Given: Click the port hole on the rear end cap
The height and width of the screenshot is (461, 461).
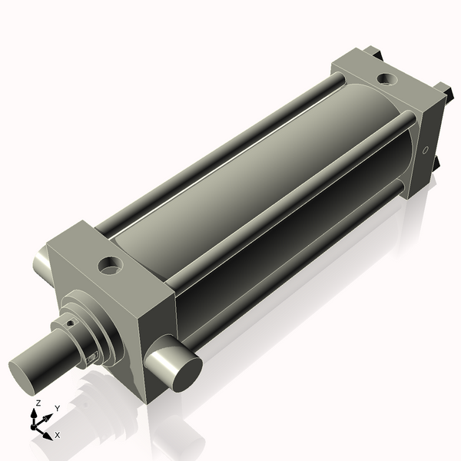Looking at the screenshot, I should [x=386, y=78].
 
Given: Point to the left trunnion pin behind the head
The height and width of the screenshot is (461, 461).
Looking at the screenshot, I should [x=41, y=265].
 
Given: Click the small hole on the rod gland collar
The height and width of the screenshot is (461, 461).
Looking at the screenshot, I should [x=71, y=323].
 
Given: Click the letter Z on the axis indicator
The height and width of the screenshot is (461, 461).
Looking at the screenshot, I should [x=38, y=403].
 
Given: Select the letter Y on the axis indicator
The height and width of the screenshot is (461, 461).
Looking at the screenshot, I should [x=57, y=409].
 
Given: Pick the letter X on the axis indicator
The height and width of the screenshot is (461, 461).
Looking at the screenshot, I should [x=57, y=435].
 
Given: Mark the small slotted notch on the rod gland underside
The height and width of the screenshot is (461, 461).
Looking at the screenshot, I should [x=91, y=357].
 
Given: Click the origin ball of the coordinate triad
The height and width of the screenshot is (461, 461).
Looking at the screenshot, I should [x=35, y=426].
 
